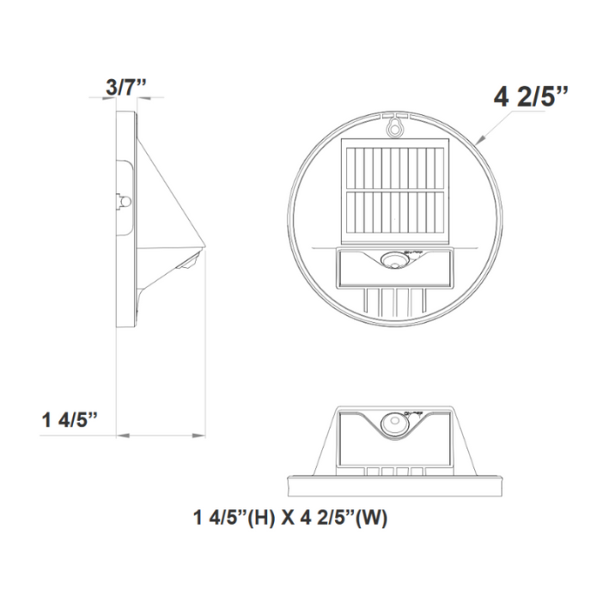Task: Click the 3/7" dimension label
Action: pyautogui.click(x=126, y=87)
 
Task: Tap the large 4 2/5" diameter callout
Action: pyautogui.click(x=531, y=96)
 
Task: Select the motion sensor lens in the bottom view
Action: pyautogui.click(x=396, y=425)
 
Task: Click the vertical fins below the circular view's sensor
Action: pyautogui.click(x=396, y=301)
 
